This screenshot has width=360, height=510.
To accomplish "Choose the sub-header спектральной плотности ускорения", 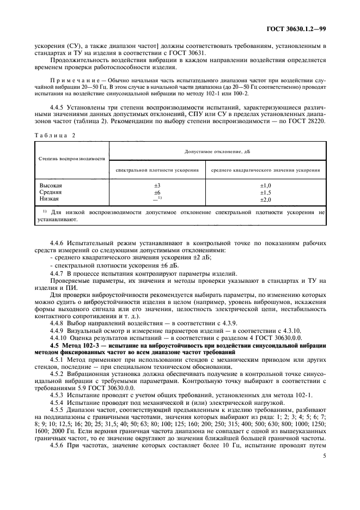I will tap(157, 170).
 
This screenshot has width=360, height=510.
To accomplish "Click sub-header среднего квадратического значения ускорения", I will tap(266, 170).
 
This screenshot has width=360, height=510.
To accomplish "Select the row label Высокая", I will tap(51, 186).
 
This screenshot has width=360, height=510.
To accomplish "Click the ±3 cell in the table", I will tap(157, 186).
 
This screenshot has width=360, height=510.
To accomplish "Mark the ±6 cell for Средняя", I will tap(157, 192).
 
